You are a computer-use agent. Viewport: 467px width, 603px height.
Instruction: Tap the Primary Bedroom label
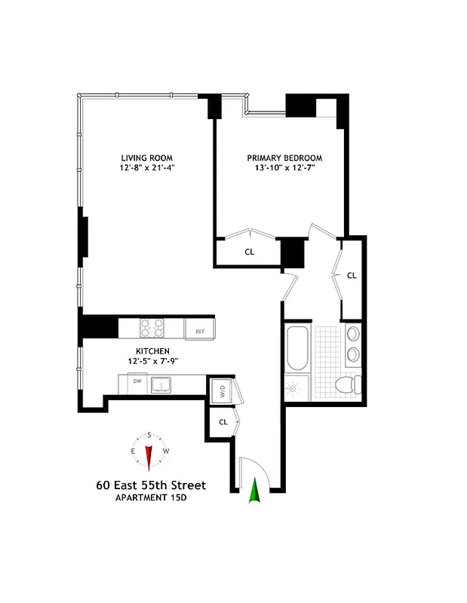click(x=284, y=158)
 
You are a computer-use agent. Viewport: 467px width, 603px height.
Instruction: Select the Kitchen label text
click(x=152, y=351)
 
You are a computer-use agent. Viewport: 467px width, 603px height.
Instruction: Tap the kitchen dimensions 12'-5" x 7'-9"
click(x=152, y=361)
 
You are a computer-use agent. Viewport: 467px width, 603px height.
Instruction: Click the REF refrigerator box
click(x=200, y=330)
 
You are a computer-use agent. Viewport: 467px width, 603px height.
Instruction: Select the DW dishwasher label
click(x=137, y=382)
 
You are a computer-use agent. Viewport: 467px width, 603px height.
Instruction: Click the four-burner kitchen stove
click(x=152, y=329)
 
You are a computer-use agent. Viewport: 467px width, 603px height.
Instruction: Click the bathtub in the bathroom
click(x=297, y=348)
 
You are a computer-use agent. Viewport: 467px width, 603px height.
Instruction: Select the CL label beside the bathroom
click(x=351, y=276)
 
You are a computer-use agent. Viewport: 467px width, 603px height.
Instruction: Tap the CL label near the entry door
click(x=223, y=422)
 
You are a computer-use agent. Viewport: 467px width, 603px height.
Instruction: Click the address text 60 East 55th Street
click(x=151, y=485)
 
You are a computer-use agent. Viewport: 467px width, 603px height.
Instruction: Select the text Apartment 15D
click(x=151, y=498)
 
